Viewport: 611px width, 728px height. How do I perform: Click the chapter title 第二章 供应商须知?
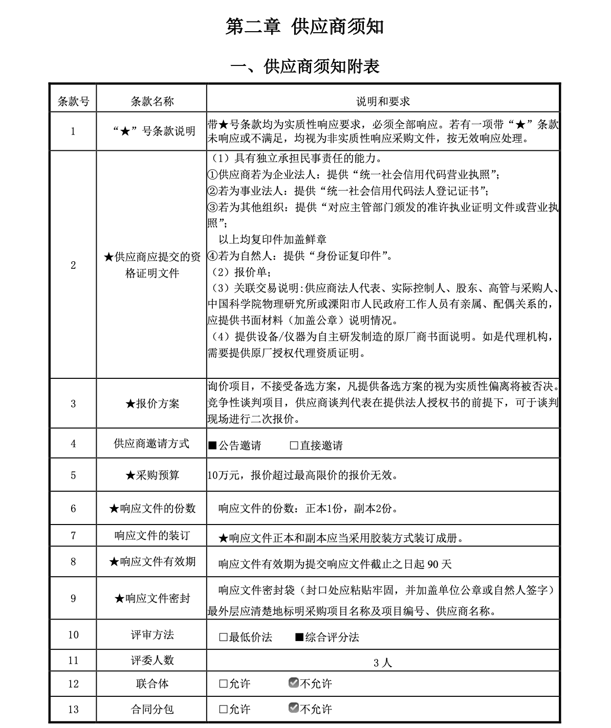tap(304, 27)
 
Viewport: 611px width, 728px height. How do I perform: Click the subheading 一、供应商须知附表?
tap(305, 66)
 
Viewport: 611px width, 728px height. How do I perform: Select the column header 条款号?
tap(73, 101)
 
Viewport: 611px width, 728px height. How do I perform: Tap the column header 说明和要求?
tap(383, 101)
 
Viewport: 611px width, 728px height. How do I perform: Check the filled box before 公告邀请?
tap(212, 446)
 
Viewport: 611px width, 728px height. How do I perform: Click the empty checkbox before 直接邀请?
tap(294, 446)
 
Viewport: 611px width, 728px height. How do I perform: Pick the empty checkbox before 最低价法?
tap(223, 637)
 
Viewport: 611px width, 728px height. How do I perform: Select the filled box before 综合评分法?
tap(299, 637)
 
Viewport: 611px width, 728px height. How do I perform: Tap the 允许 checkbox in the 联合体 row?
tap(223, 684)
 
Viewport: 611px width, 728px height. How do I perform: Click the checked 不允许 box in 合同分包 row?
tap(293, 709)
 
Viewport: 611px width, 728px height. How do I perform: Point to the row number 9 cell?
tap(73, 598)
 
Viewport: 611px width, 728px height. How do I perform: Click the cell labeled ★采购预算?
tap(152, 475)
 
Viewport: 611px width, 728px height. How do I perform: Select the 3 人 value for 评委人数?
tap(382, 663)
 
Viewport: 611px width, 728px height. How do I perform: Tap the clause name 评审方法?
tap(152, 635)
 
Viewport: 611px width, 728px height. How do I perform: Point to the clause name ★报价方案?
tap(152, 403)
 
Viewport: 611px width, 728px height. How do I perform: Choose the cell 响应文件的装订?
tap(152, 535)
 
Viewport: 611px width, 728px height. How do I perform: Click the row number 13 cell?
tap(73, 709)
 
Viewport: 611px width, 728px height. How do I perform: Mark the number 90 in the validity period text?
tap(432, 564)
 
